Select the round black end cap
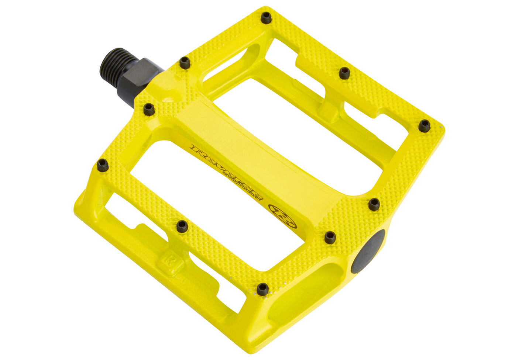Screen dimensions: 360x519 point(368,252)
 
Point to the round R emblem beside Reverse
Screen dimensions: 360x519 point(282,216)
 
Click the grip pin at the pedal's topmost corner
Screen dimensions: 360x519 point(266,17)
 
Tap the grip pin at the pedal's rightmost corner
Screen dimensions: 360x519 point(424,126)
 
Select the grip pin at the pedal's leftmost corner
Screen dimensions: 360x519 point(103,166)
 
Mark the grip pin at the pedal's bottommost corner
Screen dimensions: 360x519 point(262,289)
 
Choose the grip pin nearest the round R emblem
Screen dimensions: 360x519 point(330,237)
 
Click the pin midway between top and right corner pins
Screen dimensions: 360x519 point(344,73)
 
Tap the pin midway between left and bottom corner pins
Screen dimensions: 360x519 point(182,226)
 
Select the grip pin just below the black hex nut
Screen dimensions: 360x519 point(149,109)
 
